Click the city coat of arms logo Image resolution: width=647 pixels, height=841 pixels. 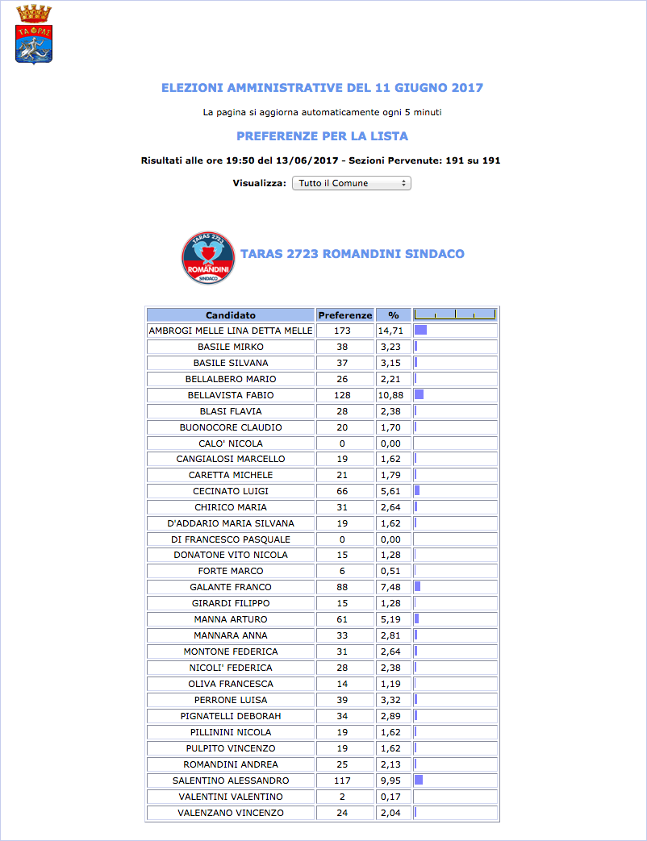click(x=33, y=35)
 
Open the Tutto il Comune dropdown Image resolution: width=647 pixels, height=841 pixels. click(x=351, y=183)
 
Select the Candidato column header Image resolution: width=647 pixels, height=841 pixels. click(x=230, y=315)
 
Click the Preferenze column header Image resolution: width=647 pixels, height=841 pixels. click(x=345, y=315)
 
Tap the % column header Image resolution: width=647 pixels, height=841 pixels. click(x=394, y=315)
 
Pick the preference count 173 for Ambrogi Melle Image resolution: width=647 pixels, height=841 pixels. click(x=345, y=331)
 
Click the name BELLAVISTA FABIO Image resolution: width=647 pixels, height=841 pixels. click(x=230, y=395)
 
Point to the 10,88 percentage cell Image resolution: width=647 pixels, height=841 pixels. click(x=394, y=395)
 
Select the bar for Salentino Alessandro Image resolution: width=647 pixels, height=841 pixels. click(x=419, y=781)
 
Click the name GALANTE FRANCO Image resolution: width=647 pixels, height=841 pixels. click(x=230, y=587)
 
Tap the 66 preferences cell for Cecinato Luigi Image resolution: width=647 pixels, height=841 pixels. click(x=345, y=491)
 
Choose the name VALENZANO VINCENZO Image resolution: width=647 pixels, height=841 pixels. click(x=230, y=813)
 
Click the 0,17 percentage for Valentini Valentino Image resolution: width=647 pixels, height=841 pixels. click(x=394, y=797)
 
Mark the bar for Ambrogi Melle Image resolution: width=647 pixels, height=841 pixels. click(x=420, y=331)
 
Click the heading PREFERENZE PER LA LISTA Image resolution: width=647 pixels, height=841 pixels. click(x=322, y=136)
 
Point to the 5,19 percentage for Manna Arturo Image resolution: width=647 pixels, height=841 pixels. click(x=394, y=619)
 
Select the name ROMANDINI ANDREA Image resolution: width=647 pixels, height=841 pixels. click(x=230, y=764)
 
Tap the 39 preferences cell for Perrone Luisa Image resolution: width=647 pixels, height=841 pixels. click(x=345, y=700)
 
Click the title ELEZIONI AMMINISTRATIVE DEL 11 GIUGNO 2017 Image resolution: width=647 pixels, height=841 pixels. click(x=322, y=88)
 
